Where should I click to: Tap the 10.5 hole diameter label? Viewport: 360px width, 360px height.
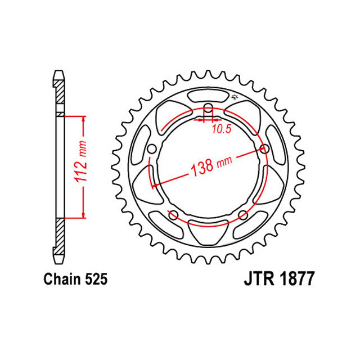(x=221, y=130)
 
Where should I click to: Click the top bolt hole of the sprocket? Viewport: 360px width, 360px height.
(x=208, y=109)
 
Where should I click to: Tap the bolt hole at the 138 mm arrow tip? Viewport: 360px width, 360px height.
(x=265, y=149)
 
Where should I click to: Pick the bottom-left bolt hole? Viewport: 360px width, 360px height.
(x=173, y=216)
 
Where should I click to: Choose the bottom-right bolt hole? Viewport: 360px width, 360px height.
(x=243, y=216)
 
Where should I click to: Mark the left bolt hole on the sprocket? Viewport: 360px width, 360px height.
(x=151, y=149)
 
